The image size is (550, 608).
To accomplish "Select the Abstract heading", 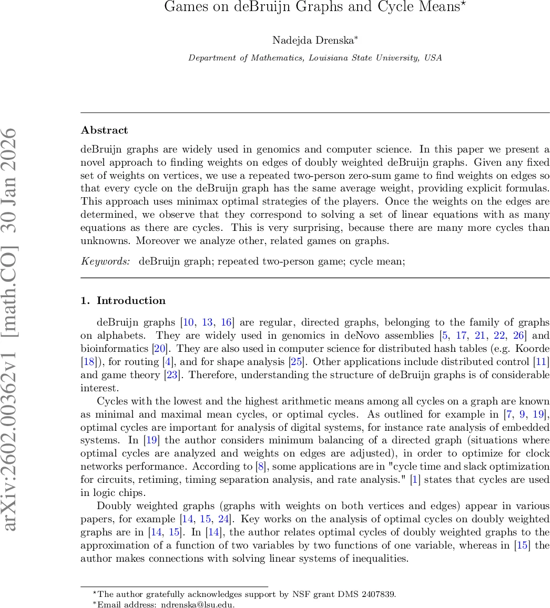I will [105, 130].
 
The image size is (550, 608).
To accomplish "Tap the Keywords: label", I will [105, 261].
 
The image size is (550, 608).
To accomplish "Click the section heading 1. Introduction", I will [123, 300].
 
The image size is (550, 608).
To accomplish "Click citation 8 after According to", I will [260, 467].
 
